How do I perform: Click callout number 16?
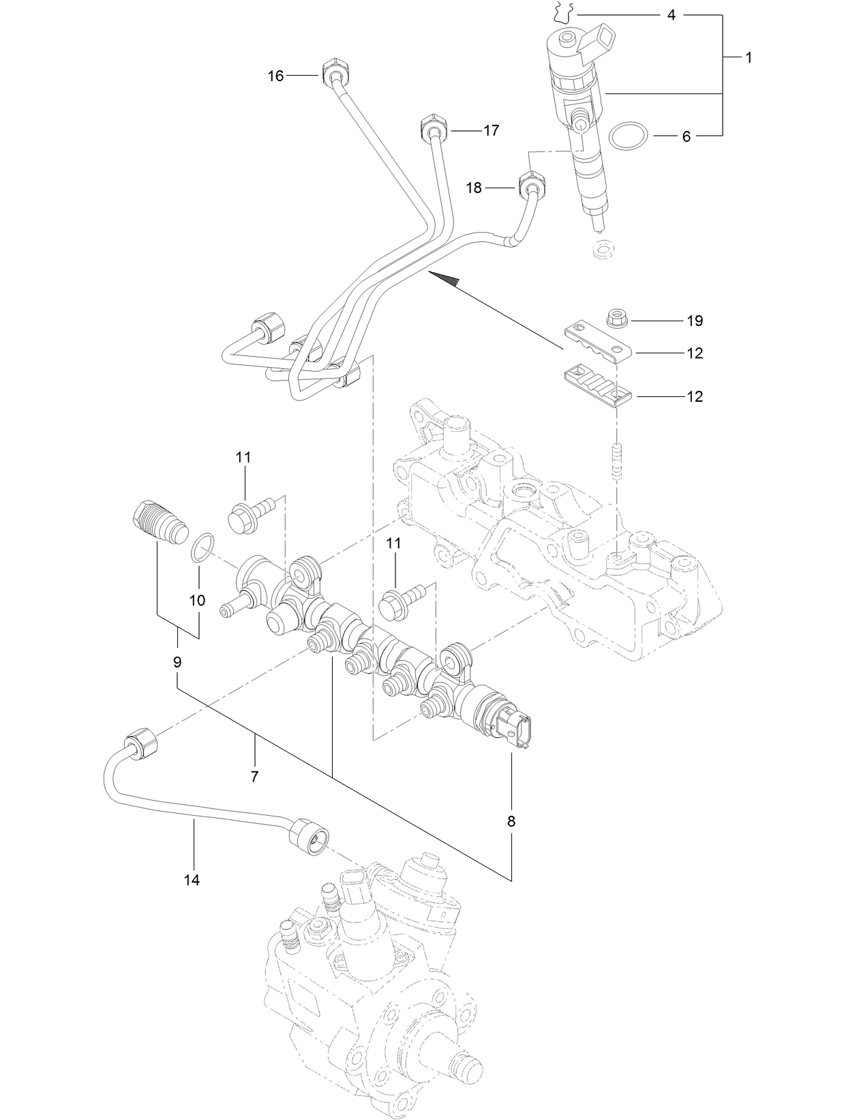275,76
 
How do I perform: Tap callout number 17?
491,130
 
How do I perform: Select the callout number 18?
474,188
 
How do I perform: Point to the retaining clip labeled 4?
564,12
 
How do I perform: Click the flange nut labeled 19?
618,318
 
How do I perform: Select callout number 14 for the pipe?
192,880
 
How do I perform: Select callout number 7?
254,776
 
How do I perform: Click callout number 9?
177,661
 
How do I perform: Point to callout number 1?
748,58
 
